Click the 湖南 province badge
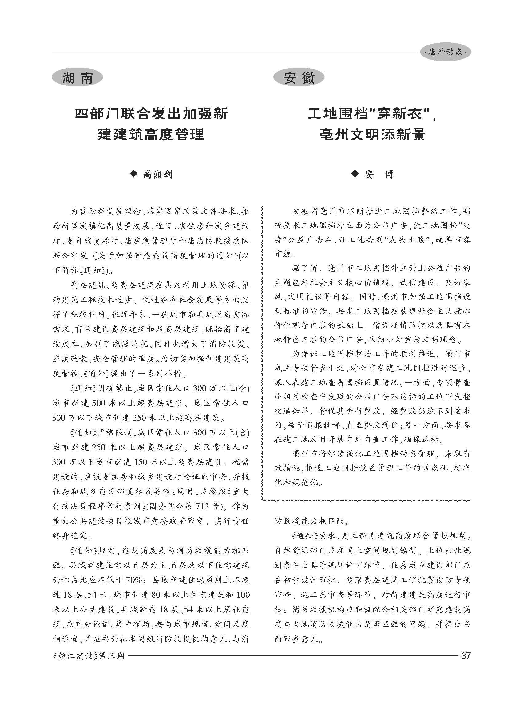click(77, 77)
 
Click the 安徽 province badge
click(299, 77)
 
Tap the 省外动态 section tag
click(445, 52)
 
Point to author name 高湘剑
click(157, 174)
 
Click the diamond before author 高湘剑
click(134, 174)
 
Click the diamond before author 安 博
click(355, 174)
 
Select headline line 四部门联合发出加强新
click(151, 114)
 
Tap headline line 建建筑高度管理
click(151, 135)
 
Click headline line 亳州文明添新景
click(372, 135)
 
